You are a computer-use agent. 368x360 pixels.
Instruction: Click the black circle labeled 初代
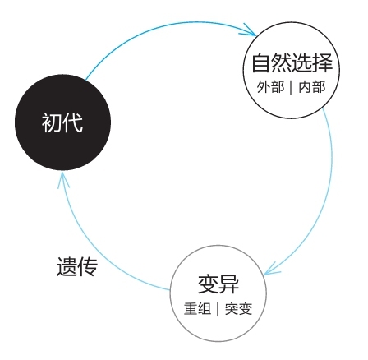click(62, 122)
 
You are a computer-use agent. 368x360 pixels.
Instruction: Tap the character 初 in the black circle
click(52, 123)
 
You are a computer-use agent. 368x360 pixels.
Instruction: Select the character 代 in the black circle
click(73, 123)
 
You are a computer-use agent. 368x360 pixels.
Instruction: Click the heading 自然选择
click(292, 62)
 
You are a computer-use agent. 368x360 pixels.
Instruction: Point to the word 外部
click(270, 87)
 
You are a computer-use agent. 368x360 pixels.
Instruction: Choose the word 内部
click(312, 87)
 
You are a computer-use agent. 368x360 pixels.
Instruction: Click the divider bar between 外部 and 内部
click(291, 87)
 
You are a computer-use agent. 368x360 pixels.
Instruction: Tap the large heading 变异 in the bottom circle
click(218, 284)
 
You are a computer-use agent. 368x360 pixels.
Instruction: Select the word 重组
click(197, 309)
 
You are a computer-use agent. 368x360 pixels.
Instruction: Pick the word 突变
click(238, 309)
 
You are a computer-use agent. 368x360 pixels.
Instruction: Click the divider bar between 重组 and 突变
click(218, 309)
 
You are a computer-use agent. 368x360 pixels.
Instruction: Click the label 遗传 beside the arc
click(77, 266)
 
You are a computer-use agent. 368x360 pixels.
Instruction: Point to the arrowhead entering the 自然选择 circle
click(249, 30)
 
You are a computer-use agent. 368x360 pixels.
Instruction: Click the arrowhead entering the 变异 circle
click(272, 269)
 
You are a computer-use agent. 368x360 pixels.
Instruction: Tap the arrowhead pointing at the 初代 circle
click(63, 179)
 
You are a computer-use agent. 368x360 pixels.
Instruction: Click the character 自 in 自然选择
click(261, 62)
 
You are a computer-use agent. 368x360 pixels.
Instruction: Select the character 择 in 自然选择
click(323, 62)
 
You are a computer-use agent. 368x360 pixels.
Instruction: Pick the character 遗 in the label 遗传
click(67, 266)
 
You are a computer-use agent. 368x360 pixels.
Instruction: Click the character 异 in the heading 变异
click(229, 284)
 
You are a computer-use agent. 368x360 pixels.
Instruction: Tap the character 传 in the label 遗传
click(88, 266)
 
